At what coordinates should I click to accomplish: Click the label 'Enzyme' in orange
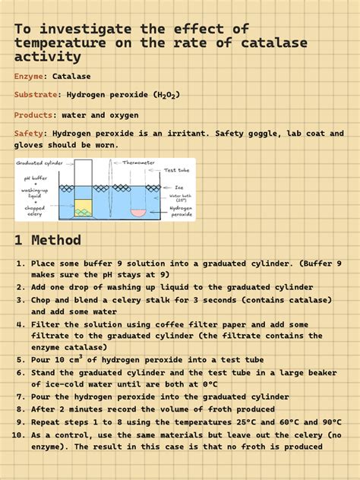[x=29, y=76]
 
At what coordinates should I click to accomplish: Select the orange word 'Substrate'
[x=36, y=95]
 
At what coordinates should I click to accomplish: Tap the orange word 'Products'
[x=33, y=115]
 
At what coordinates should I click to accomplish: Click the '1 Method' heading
[x=47, y=240]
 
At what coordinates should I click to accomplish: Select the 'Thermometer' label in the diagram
[x=138, y=163]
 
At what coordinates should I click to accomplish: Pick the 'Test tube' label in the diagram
[x=176, y=170]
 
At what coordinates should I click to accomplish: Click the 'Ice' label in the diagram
[x=179, y=187]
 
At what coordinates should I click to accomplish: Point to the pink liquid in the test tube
[x=138, y=212]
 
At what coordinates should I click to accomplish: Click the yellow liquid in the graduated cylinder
[x=84, y=206]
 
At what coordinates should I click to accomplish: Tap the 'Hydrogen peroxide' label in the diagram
[x=181, y=210]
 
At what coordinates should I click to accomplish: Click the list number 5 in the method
[x=21, y=360]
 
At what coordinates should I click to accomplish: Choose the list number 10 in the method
[x=19, y=434]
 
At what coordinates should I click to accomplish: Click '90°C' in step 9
[x=328, y=422]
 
